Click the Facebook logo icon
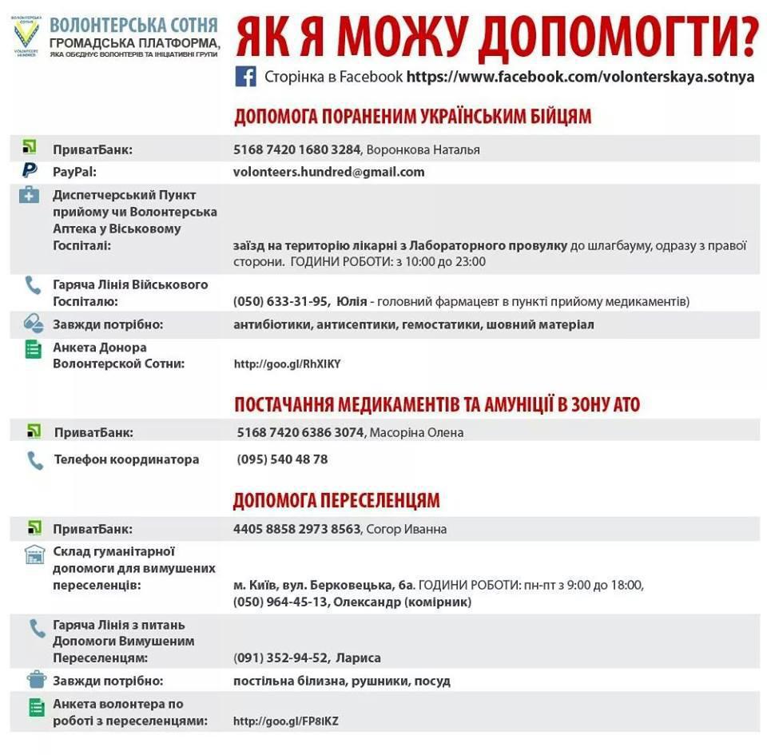[245, 77]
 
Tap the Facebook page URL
[581, 77]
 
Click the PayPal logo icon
[30, 170]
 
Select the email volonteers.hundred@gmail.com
[328, 172]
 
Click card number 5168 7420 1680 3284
[297, 149]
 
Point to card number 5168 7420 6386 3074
[300, 432]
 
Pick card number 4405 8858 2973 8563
[297, 529]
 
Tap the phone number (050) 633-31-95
[280, 301]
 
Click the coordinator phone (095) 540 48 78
[282, 459]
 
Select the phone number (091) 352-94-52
[280, 658]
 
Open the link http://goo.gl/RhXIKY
[287, 364]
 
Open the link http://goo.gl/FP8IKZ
[285, 721]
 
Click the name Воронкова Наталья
[423, 149]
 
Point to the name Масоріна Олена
[417, 432]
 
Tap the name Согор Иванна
[407, 529]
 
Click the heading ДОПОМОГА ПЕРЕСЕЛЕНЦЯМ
[336, 501]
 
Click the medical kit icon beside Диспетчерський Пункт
[29, 195]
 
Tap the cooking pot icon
[36, 679]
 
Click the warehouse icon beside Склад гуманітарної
[34, 554]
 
